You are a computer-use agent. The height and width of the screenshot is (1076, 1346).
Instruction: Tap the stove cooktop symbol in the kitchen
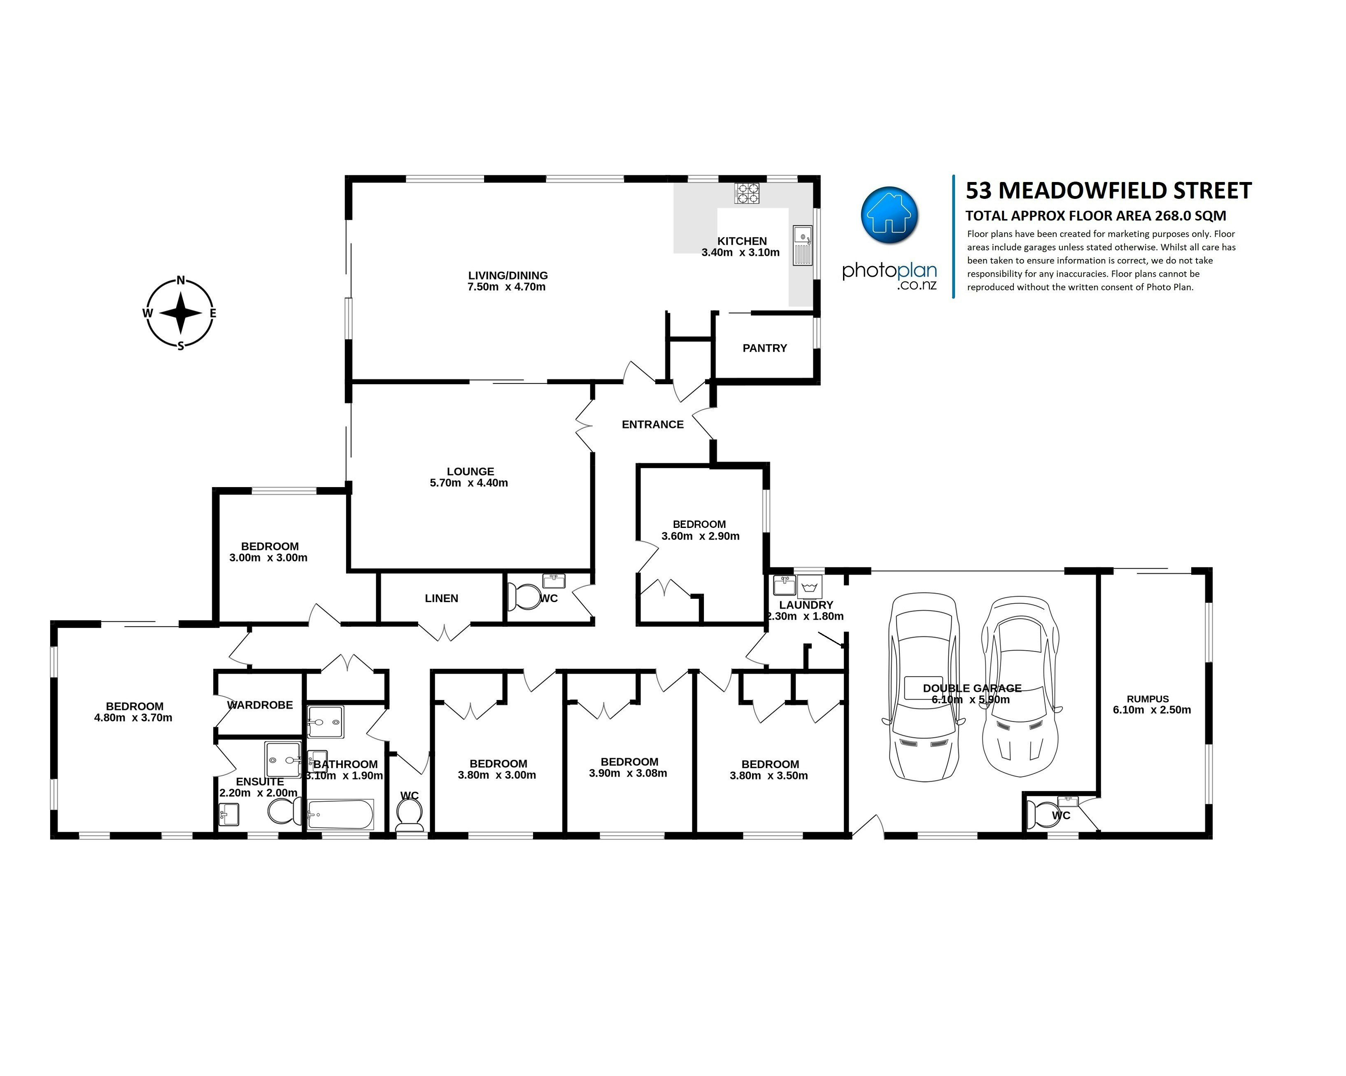click(x=747, y=193)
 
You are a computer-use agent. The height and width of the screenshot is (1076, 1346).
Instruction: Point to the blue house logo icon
click(x=889, y=214)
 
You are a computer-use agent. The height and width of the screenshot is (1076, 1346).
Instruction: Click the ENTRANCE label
click(x=652, y=425)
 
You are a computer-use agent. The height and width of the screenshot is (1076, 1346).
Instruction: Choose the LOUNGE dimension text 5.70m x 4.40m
click(x=469, y=483)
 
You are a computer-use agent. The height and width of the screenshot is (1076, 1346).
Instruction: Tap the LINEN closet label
click(x=441, y=598)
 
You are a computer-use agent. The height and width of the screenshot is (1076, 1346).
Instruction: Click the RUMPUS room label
click(x=1148, y=699)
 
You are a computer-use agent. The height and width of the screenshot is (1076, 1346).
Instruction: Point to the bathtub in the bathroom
click(x=340, y=815)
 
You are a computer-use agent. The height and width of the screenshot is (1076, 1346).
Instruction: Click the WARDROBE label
click(x=260, y=705)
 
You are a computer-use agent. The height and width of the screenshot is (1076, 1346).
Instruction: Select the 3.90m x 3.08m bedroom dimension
click(x=628, y=773)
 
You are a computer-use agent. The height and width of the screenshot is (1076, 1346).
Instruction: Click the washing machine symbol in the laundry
click(x=809, y=588)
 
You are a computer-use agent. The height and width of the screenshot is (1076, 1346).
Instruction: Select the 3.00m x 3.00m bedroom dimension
click(x=268, y=558)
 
